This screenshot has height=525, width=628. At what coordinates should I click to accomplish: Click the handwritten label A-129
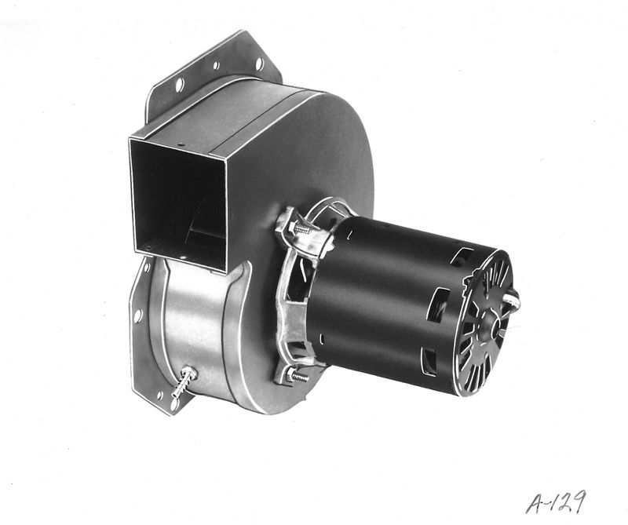pos(556,501)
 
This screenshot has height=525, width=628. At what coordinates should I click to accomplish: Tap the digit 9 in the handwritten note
pos(579,501)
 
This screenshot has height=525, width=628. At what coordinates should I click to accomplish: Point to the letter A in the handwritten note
pos(535,504)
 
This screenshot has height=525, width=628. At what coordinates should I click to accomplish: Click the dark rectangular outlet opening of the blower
pos(178,202)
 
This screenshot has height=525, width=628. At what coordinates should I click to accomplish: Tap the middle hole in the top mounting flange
pos(216,65)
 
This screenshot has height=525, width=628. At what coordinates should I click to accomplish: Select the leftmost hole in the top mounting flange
pos(180,85)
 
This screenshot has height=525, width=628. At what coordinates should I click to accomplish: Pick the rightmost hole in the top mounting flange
pos(259,64)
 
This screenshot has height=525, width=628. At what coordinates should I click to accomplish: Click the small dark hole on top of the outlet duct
pos(181,144)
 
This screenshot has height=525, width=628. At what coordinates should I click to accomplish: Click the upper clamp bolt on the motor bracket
pos(301,229)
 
